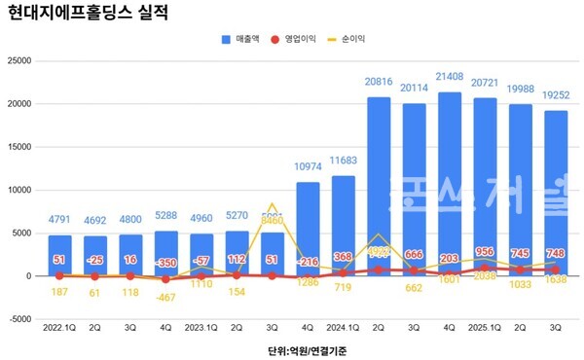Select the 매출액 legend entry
click(x=242, y=39)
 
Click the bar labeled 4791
click(x=59, y=255)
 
